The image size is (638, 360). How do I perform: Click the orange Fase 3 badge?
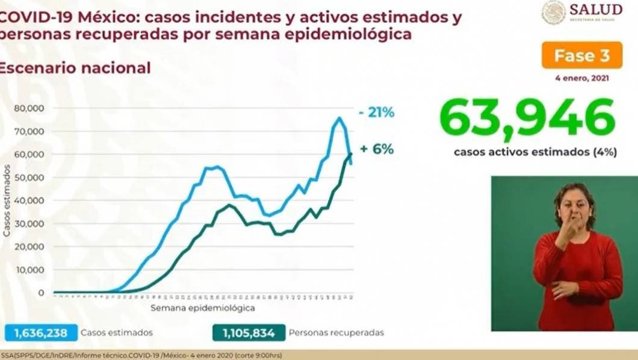[x=582, y=56]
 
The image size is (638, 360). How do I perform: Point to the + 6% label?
[x=377, y=149]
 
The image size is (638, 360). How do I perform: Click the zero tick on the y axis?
[x=41, y=293]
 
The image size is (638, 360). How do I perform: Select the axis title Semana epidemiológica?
[x=202, y=308]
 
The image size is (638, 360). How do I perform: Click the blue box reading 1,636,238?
[x=42, y=332]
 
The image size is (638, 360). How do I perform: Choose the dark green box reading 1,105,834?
[x=247, y=332]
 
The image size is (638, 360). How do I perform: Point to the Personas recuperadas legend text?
[x=336, y=332]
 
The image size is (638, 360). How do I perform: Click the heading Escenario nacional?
[x=75, y=68]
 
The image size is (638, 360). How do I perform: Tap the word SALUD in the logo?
[x=595, y=9]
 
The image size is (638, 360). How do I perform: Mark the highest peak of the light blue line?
[x=339, y=118]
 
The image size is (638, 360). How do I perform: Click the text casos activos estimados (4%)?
[x=535, y=152]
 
